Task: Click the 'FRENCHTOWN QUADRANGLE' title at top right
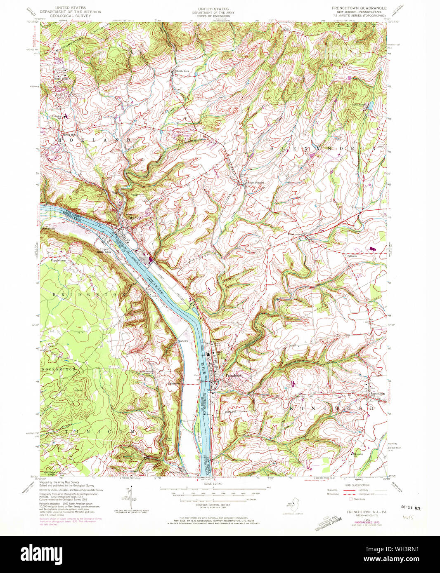(359, 8)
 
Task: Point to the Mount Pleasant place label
(255, 182)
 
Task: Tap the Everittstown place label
(296, 234)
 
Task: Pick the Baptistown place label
(377, 394)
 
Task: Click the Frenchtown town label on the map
(234, 376)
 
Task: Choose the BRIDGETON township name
(88, 295)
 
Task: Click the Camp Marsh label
(359, 104)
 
